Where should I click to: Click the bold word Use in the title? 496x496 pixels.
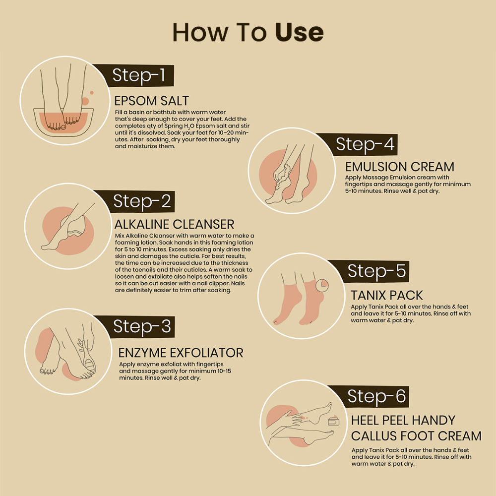[x=299, y=32]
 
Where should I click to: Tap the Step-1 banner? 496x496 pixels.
[x=138, y=75]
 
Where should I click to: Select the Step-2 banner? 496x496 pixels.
[x=139, y=201]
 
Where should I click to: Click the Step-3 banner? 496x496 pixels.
[x=139, y=326]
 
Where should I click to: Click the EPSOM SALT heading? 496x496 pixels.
[x=151, y=101]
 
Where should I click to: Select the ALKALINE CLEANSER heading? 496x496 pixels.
[x=174, y=225]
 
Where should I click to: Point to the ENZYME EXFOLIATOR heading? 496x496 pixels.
[x=181, y=353]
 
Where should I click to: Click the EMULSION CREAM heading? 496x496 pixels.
[x=399, y=167]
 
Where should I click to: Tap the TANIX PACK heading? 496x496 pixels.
[x=386, y=296]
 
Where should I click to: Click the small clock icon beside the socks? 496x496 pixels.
[x=322, y=285]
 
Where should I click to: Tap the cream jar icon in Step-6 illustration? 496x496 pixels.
[x=333, y=421]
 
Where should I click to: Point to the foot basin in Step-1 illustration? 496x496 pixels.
[x=63, y=122]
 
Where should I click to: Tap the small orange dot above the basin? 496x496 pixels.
[x=92, y=93]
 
